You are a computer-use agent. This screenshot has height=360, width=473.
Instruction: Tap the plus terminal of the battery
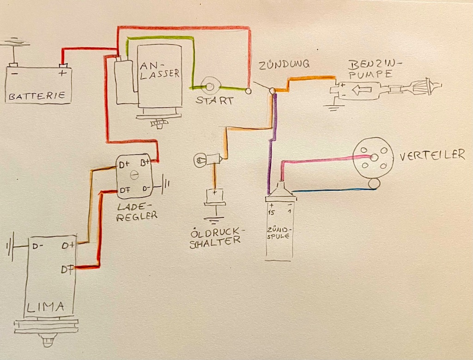pyautogui.click(x=63, y=72)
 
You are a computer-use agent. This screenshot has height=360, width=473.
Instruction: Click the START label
pyautogui.click(x=214, y=100)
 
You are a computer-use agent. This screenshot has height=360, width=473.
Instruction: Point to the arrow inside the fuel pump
pyautogui.click(x=362, y=90)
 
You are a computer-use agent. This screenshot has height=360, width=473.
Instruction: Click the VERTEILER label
pyautogui.click(x=431, y=155)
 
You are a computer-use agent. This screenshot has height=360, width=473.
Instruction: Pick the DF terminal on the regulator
pyautogui.click(x=124, y=189)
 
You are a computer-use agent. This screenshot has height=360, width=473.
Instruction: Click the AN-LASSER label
pyautogui.click(x=158, y=69)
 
